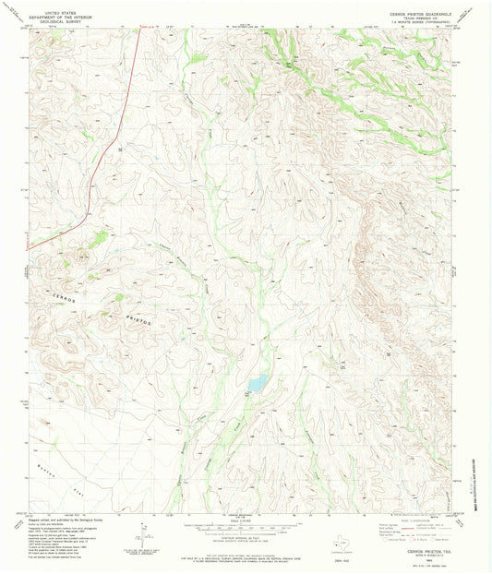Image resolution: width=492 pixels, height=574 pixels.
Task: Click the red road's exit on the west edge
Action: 29,246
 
